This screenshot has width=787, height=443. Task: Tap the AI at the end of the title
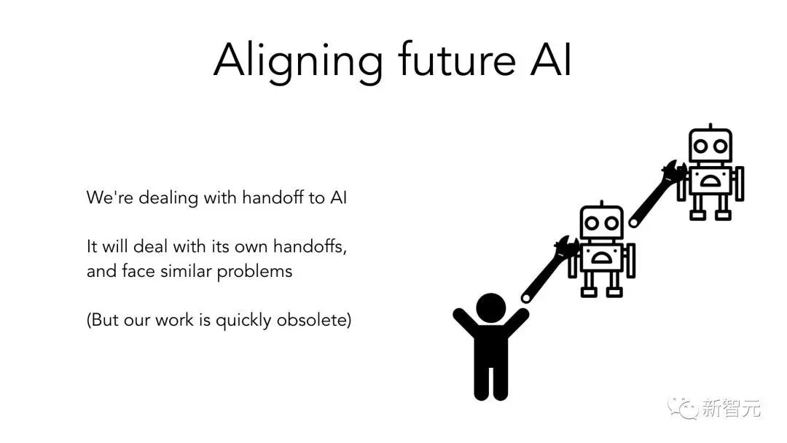click(551, 59)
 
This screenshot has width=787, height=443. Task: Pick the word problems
click(254, 272)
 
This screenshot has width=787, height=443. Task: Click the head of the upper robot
click(710, 145)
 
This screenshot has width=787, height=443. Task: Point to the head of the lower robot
click(601, 222)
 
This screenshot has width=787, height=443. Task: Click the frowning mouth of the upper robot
click(710, 181)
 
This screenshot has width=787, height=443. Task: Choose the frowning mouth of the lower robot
click(600, 258)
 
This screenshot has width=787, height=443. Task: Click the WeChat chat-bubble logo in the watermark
click(682, 408)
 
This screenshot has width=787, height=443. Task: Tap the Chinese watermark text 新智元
click(732, 408)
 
